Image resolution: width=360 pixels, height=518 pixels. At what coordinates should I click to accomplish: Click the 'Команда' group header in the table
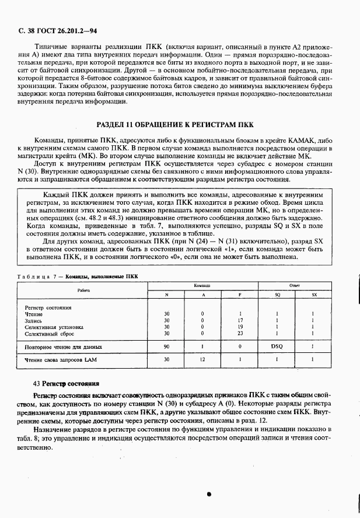pos(202,286)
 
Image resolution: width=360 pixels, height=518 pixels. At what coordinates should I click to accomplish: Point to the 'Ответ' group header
pos(295,286)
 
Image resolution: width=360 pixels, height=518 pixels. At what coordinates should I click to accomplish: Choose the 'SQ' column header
pos(277,295)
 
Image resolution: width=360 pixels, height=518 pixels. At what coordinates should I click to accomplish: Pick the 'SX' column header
pos(313,295)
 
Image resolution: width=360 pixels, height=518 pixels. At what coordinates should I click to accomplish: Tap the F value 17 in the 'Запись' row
pos(240,320)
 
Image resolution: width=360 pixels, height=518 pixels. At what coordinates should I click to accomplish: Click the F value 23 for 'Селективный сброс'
pos(240,334)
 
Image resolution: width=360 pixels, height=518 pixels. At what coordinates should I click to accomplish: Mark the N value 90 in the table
pos(167,346)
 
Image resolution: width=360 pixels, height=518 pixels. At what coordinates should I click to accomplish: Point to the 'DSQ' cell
pos(277,346)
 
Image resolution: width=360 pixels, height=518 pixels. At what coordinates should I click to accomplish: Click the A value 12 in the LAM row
pos(202,360)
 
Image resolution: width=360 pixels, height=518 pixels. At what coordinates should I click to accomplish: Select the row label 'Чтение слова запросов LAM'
pos(60,360)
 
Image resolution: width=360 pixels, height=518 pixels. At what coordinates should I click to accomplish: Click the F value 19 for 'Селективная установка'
pos(240,327)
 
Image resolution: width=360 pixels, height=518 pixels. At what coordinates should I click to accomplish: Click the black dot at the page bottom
pos(208,494)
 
